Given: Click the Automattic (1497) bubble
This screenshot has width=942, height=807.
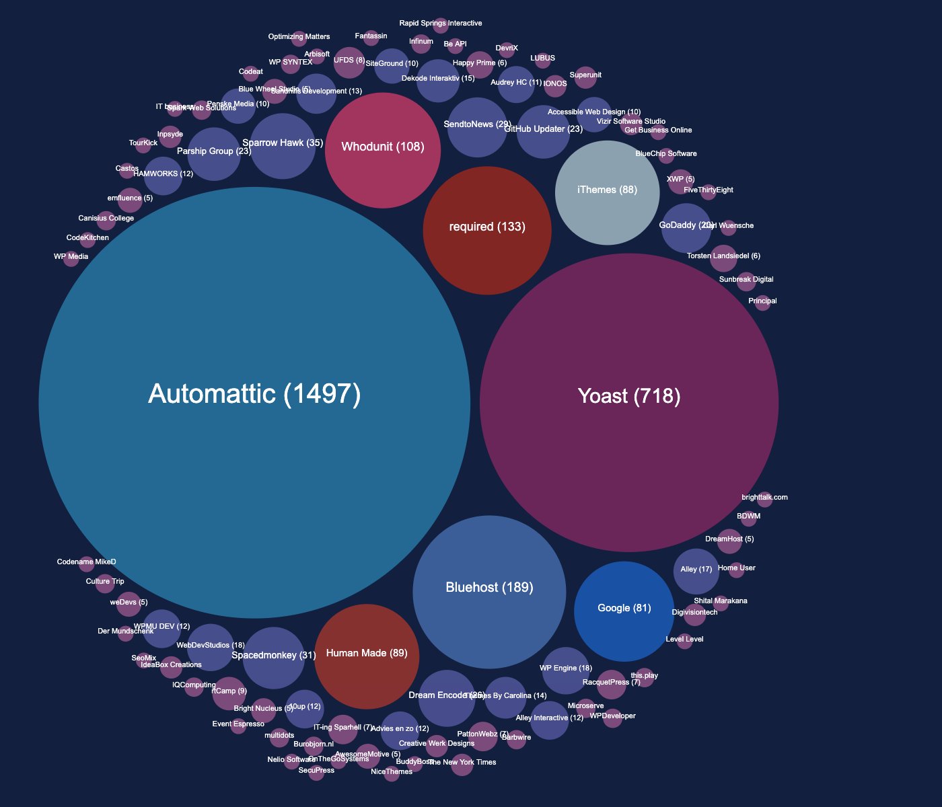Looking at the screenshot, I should (254, 403).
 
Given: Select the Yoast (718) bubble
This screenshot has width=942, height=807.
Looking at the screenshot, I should (629, 403).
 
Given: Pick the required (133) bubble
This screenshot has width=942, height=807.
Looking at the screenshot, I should (487, 230).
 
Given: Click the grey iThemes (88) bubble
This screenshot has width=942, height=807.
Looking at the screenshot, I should (607, 192).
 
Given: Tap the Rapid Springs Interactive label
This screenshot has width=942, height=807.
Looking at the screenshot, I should (441, 24).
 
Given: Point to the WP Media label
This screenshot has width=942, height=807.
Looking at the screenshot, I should (71, 256).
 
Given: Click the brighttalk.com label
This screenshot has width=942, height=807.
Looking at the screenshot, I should (764, 498).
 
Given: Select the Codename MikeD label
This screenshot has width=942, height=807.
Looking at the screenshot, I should (87, 562).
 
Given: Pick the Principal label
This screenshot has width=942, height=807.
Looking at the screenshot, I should (762, 301).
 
